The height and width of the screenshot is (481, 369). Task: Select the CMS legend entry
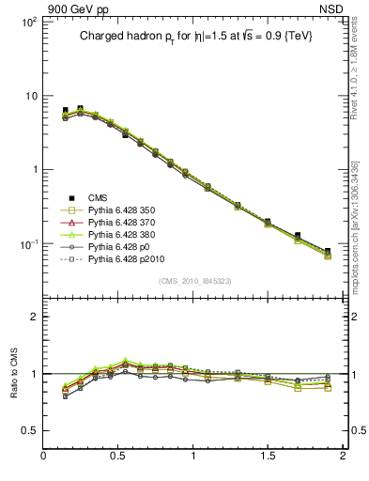click(x=98, y=197)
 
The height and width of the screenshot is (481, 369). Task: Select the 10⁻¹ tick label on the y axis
click(x=27, y=244)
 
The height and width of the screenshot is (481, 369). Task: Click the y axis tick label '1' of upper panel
click(x=33, y=170)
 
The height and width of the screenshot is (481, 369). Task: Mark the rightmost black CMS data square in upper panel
click(x=328, y=252)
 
